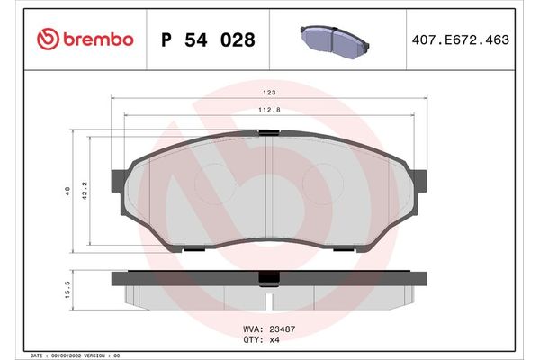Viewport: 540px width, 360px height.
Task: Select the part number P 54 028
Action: click(x=207, y=40)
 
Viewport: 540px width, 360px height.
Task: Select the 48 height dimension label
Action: click(x=68, y=192)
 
